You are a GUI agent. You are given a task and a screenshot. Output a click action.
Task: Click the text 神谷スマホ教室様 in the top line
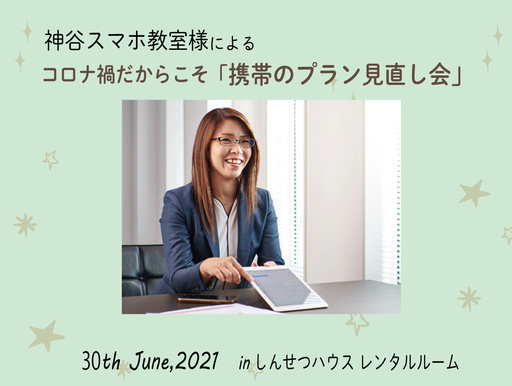click(x=126, y=41)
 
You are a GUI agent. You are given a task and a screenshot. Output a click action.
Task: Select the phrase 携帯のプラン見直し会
click(x=340, y=76)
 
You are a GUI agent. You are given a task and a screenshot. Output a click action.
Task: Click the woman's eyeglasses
click(x=233, y=142)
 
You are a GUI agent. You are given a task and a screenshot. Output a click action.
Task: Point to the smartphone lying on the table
click(x=208, y=298)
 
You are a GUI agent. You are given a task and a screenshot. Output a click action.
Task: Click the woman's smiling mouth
click(x=234, y=162)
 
